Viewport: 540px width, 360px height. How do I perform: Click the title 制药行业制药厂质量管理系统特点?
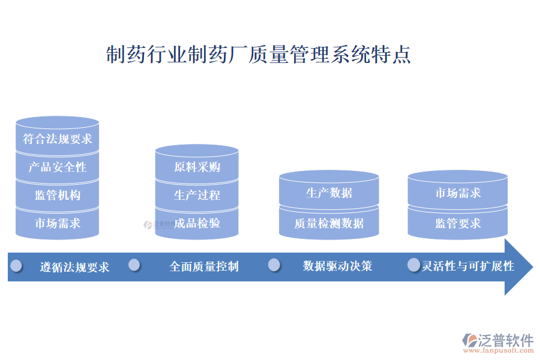[x=258, y=55]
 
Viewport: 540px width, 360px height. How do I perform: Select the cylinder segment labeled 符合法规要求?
[x=58, y=139]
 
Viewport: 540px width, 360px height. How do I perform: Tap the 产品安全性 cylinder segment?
[x=58, y=167]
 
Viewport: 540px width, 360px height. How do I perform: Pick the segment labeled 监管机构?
[x=58, y=195]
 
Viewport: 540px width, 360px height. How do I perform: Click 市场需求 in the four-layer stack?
[x=58, y=223]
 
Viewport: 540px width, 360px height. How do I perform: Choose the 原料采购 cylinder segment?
[x=197, y=167]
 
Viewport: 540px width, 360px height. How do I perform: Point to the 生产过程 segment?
[x=197, y=195]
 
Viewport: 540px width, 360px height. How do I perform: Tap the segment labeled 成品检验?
[x=197, y=223]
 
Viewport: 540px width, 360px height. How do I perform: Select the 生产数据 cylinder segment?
[x=329, y=193]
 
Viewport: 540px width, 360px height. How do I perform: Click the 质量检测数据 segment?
[x=329, y=223]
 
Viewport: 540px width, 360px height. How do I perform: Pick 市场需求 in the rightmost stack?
[x=458, y=193]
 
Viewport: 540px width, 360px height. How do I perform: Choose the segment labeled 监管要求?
[x=458, y=223]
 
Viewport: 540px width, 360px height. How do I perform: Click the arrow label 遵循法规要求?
[x=74, y=267]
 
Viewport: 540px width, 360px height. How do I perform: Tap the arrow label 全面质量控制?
[x=204, y=266]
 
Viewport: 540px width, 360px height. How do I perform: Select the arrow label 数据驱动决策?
[x=337, y=266]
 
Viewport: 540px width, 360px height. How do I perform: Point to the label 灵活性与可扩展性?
[x=468, y=266]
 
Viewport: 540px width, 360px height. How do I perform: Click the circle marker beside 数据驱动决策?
[x=274, y=265]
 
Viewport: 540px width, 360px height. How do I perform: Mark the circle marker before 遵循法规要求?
[x=16, y=265]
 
